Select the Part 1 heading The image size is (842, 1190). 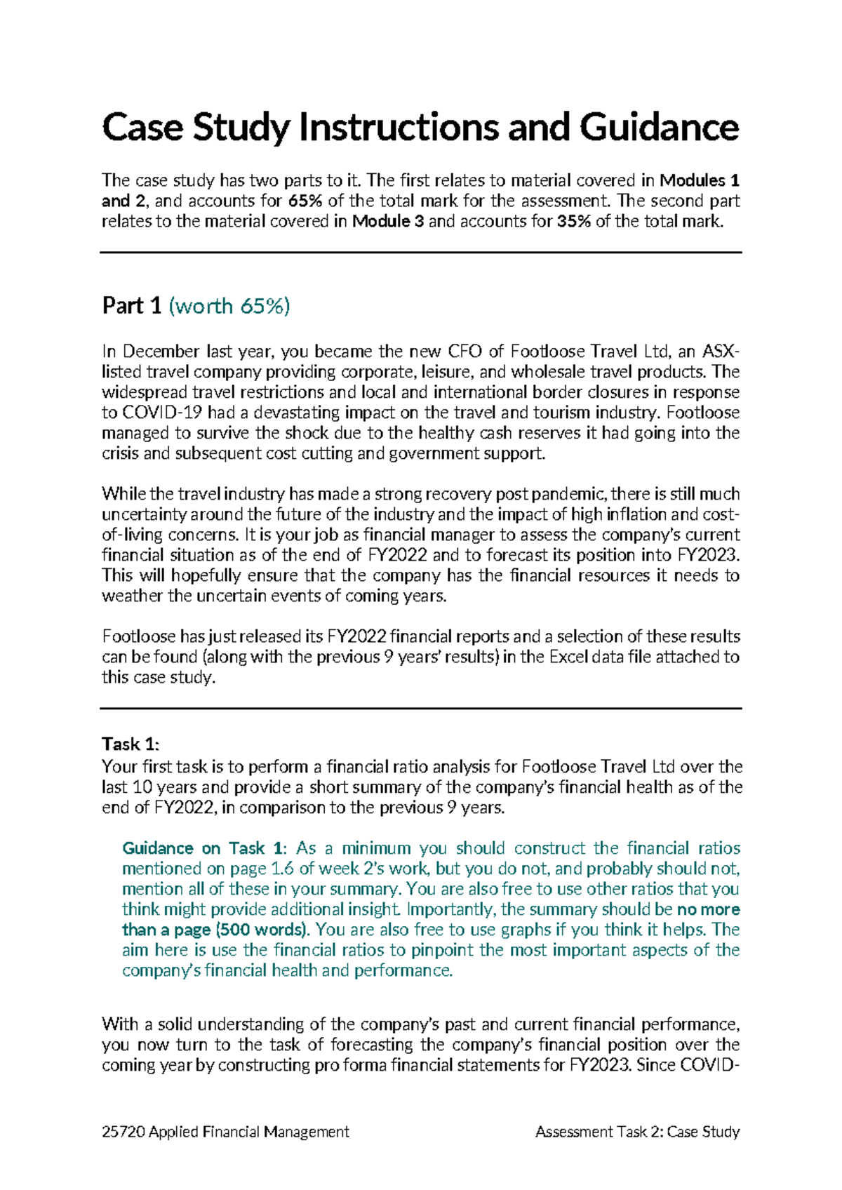(x=132, y=306)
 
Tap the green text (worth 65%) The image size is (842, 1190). (x=229, y=306)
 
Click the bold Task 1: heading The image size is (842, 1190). (x=131, y=744)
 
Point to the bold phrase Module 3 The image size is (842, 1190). (x=388, y=222)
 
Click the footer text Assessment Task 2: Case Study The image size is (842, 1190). (x=637, y=1132)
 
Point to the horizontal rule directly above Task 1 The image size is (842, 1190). (x=421, y=709)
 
